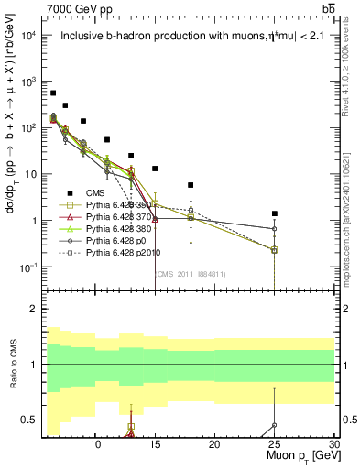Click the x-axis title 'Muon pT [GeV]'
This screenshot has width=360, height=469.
pyautogui.click(x=297, y=455)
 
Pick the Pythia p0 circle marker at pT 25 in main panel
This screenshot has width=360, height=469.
pyautogui.click(x=274, y=229)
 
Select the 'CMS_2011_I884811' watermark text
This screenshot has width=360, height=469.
pyautogui.click(x=191, y=273)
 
